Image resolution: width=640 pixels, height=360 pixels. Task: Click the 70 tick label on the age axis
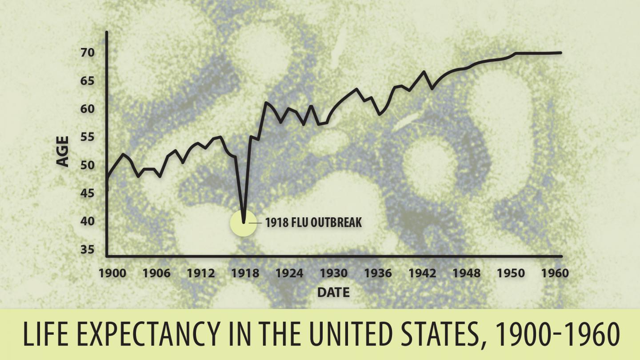(x=88, y=53)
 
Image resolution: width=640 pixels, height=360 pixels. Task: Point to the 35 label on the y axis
(x=88, y=250)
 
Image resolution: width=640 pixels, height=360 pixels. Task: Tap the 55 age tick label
(x=88, y=137)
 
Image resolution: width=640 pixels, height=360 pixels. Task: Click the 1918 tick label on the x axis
(x=244, y=273)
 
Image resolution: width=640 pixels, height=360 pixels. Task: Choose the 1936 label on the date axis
(x=378, y=273)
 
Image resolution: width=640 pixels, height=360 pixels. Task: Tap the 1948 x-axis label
(x=467, y=273)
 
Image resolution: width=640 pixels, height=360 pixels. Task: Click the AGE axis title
(x=64, y=151)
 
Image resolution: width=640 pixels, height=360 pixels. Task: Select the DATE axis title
(x=333, y=292)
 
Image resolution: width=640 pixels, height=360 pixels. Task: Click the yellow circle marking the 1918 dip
(x=243, y=223)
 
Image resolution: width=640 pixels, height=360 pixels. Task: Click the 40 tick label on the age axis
(x=88, y=221)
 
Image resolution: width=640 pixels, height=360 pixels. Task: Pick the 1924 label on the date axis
(x=289, y=273)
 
